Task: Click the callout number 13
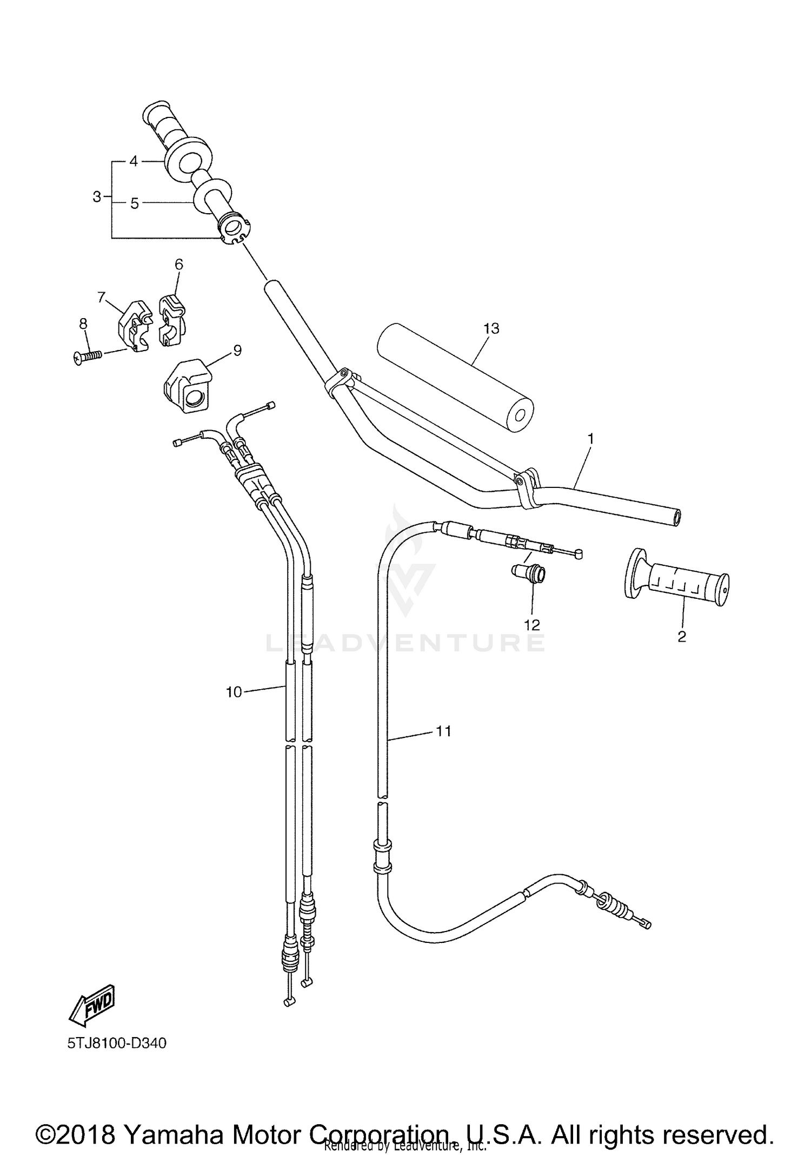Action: [491, 328]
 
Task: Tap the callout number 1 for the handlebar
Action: [590, 438]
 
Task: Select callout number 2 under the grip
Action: [681, 637]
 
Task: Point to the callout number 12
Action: [532, 625]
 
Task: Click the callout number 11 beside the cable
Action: [443, 731]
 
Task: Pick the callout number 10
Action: [234, 692]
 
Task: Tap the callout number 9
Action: [237, 351]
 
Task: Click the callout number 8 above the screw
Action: [83, 324]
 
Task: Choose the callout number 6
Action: [178, 264]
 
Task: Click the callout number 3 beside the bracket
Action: [97, 197]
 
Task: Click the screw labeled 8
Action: [88, 355]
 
